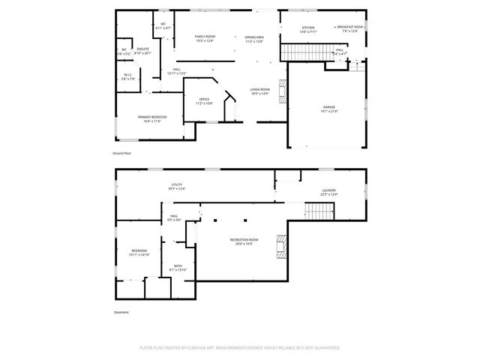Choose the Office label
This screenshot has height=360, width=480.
click(204, 100)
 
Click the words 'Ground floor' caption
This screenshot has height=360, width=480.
click(122, 153)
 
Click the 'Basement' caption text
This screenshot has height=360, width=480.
click(121, 312)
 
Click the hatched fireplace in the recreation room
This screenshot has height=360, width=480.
click(281, 246)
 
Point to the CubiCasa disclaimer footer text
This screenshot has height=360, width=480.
click(240, 348)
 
